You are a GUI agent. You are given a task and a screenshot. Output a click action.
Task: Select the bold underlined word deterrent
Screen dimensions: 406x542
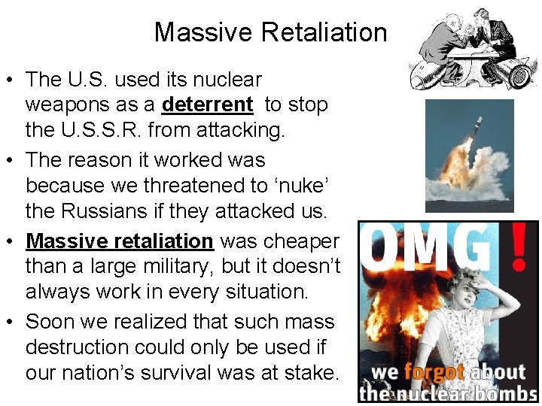pos(207,105)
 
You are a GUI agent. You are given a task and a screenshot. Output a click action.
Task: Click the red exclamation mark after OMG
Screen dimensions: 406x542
pos(518,248)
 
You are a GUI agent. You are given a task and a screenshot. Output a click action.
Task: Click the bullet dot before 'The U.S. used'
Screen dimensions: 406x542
pos(13,80)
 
